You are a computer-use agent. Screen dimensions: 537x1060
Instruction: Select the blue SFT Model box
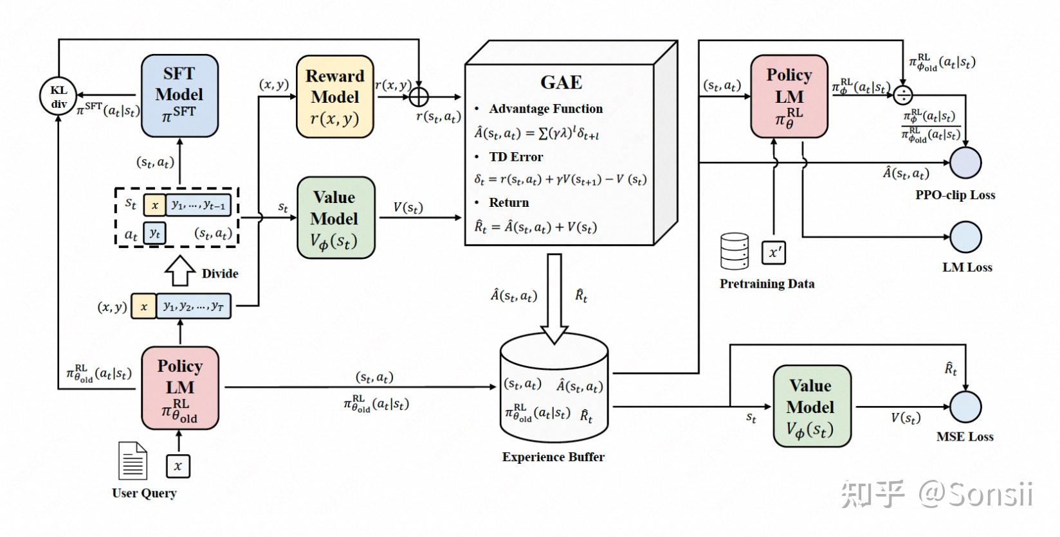(x=179, y=95)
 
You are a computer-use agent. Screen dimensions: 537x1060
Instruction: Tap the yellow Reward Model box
(x=334, y=96)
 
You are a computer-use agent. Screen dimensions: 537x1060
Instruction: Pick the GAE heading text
(x=561, y=82)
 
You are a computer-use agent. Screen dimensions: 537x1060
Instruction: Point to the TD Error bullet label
(x=516, y=157)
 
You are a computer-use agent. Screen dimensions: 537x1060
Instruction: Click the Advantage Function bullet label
(x=545, y=109)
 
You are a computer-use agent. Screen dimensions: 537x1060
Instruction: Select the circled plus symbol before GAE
(x=419, y=97)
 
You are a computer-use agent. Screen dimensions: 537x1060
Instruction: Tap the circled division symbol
(x=903, y=94)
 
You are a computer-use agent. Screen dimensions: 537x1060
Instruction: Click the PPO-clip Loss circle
(x=965, y=162)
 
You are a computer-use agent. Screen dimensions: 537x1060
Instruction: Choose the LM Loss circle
(x=965, y=237)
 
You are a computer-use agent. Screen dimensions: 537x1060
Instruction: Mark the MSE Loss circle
(x=965, y=406)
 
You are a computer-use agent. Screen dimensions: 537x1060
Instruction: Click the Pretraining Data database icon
(x=734, y=251)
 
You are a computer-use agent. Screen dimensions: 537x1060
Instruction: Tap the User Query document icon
(x=132, y=461)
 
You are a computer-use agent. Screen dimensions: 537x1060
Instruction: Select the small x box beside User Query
(x=178, y=466)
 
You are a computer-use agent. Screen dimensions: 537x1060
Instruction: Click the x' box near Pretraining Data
(x=773, y=252)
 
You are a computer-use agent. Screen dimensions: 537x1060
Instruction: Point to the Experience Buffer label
(x=553, y=457)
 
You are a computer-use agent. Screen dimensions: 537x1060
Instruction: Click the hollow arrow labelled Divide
(x=179, y=270)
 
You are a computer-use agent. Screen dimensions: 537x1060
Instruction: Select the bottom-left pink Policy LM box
(x=179, y=387)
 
